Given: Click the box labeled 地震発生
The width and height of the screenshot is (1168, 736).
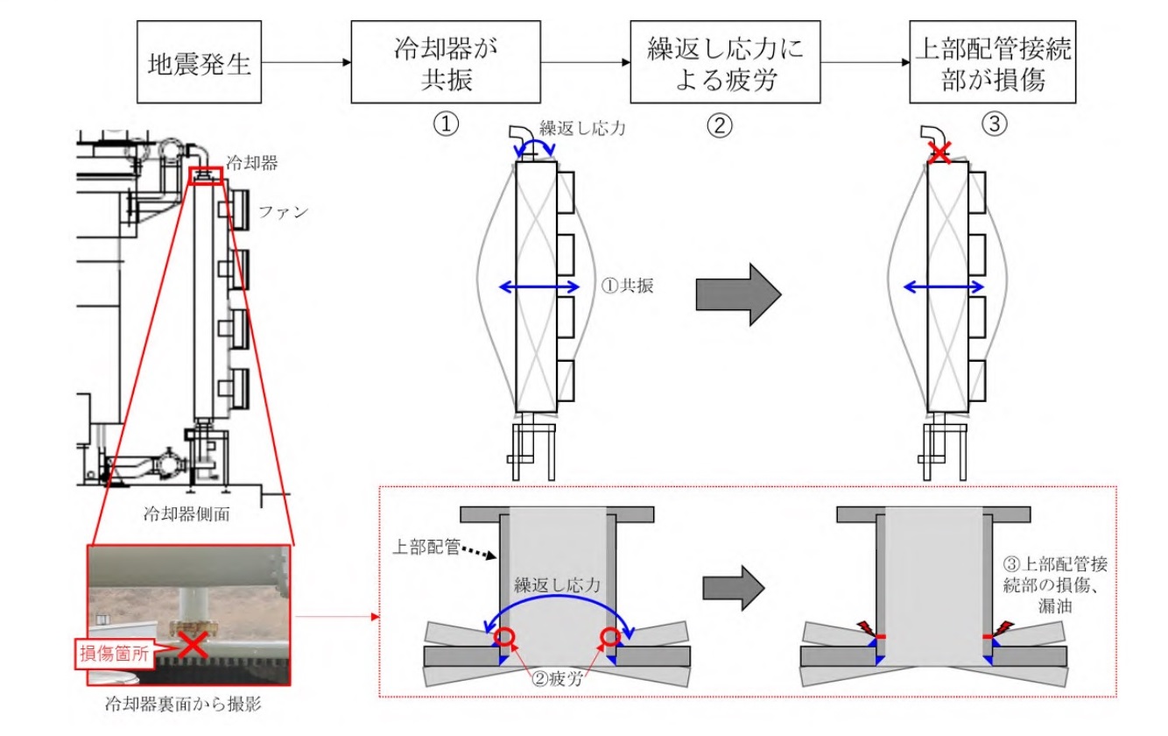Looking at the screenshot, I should point(199,65).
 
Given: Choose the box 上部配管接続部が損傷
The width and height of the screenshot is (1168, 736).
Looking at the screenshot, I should point(991,63).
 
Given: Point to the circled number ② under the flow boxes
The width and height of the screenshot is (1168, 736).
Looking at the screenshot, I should point(719,125).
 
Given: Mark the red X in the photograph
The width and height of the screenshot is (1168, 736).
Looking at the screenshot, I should point(193,647).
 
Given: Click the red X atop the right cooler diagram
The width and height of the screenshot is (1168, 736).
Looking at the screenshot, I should point(940,154).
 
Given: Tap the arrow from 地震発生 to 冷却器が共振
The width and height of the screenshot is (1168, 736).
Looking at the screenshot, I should point(306,63).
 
